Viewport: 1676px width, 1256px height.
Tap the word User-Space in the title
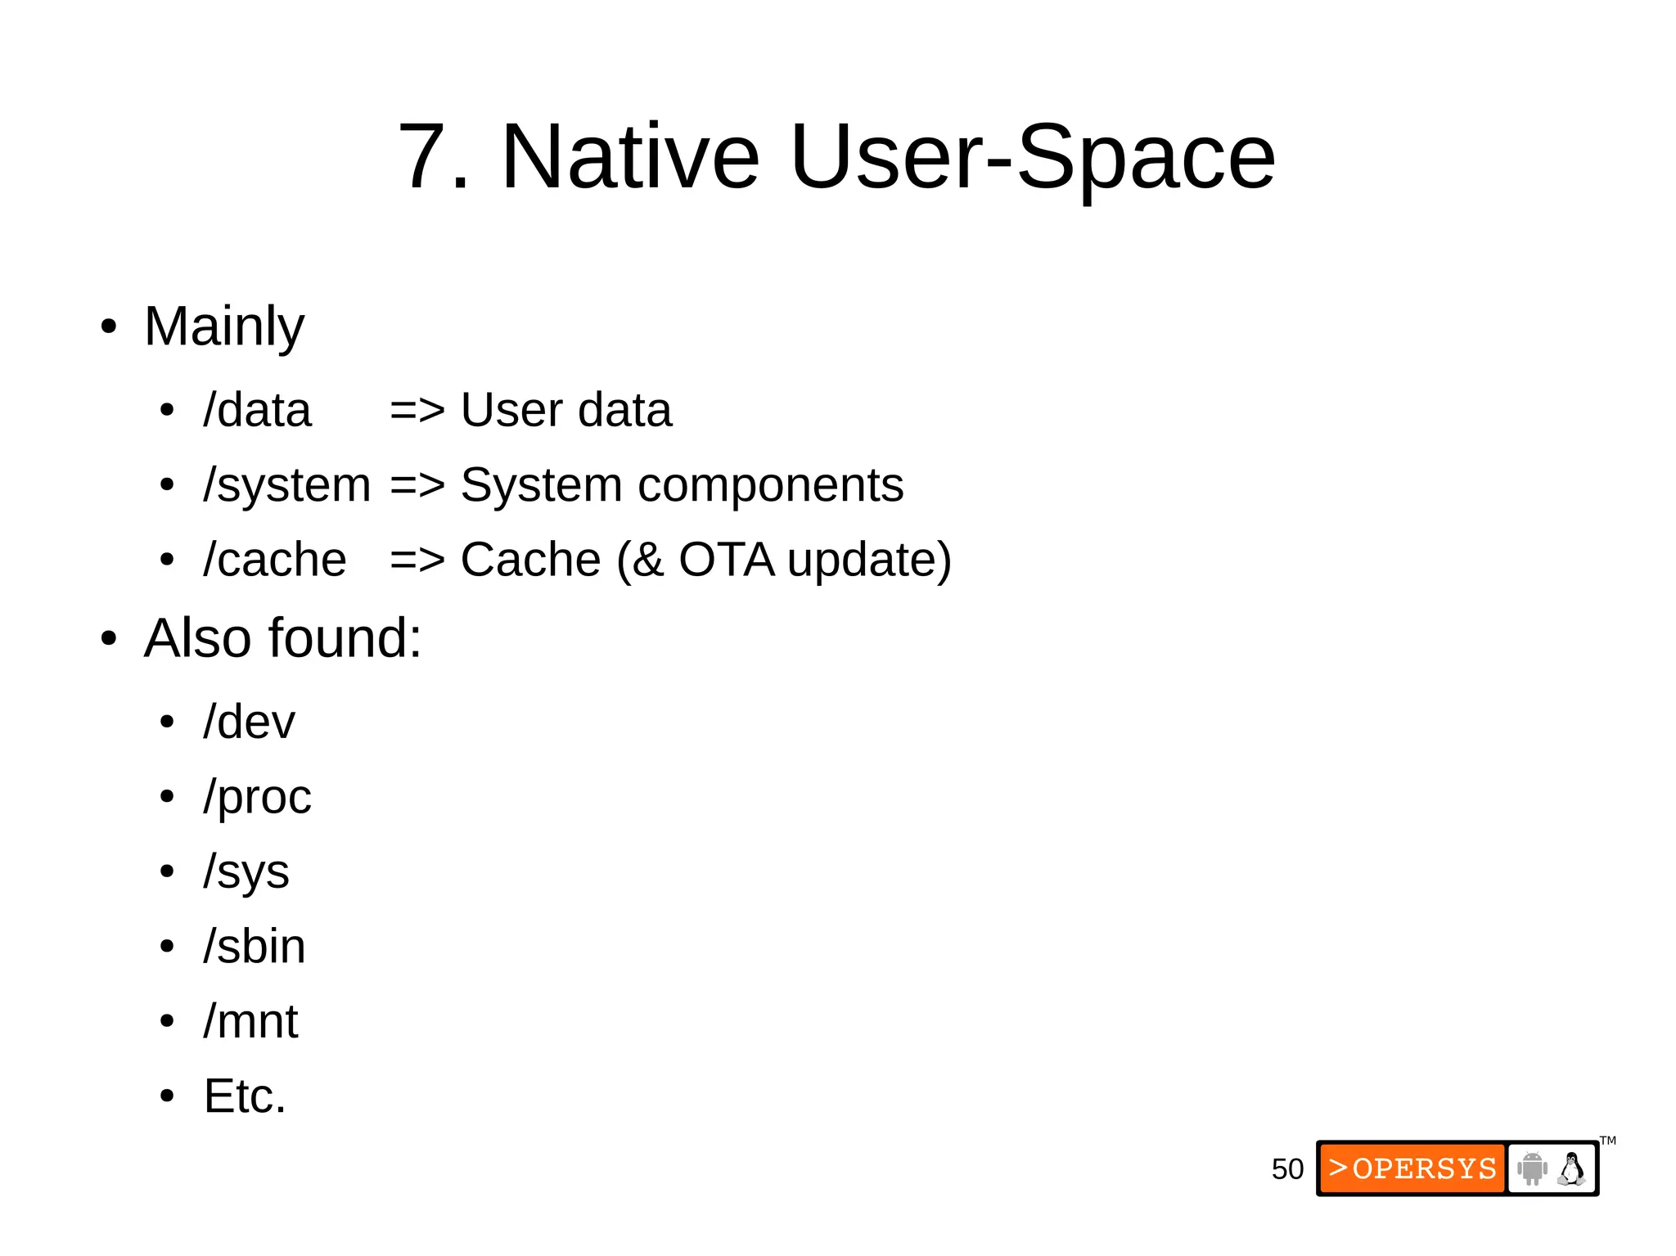1032,156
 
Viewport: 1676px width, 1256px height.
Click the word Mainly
223,326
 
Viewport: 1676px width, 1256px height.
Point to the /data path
257,410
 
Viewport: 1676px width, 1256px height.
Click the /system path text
286,485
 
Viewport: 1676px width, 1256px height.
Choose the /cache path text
275,560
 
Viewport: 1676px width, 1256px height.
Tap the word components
770,485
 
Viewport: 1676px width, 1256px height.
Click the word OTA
726,560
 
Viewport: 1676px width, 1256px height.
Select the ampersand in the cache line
647,560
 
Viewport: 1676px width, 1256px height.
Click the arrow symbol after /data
417,410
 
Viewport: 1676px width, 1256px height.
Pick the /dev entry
249,722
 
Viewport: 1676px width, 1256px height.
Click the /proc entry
257,797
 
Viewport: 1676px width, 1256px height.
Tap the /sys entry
246,871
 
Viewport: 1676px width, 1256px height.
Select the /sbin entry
255,947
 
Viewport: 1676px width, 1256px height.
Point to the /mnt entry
250,1021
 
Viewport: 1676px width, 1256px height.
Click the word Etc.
245,1096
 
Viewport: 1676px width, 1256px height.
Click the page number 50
1286,1169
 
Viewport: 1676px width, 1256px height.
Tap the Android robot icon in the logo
1531,1168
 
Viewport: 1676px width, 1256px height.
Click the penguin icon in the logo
1571,1168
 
